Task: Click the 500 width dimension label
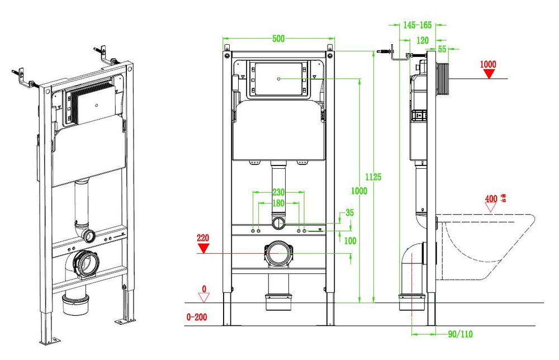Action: pos(278,39)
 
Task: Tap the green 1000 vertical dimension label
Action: pos(359,191)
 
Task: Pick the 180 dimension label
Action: pos(278,203)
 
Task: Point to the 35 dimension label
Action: pos(350,212)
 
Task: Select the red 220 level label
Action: pos(203,238)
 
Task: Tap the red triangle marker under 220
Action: pos(203,248)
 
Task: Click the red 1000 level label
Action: pos(488,64)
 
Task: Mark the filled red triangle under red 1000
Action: pos(489,74)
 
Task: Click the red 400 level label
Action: pos(491,198)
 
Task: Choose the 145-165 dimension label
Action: pos(417,25)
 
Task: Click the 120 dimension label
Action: pos(423,41)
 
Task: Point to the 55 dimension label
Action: pos(442,49)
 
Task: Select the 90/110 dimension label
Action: pos(460,334)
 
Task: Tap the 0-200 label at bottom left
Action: pos(196,317)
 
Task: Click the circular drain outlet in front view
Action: pos(278,253)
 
